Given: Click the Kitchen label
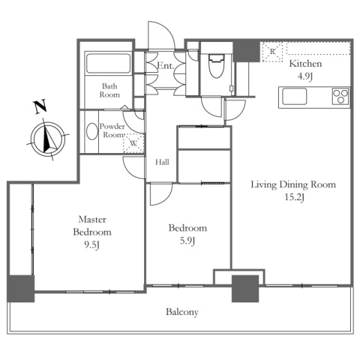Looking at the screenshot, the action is [305, 64].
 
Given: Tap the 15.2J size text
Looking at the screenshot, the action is [295, 197].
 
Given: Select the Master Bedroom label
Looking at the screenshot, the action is [92, 226].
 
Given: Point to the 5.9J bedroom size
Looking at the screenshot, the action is [187, 241].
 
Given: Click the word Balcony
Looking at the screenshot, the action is [182, 312].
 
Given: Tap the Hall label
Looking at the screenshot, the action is [162, 162].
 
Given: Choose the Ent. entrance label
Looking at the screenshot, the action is [165, 66].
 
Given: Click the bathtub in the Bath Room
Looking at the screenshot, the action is [108, 64].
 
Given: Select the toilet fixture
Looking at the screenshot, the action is [216, 66].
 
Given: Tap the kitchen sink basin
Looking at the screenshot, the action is [295, 97].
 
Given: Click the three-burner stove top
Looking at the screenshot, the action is [340, 97].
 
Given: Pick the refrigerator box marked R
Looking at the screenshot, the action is [272, 52].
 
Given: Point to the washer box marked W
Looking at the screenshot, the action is [133, 143].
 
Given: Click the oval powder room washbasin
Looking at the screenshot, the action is [92, 131].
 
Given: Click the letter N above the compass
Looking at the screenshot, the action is [40, 106].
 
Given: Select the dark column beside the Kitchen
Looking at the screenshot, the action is [246, 51].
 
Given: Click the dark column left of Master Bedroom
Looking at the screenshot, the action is [20, 289].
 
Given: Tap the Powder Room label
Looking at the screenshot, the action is [112, 130].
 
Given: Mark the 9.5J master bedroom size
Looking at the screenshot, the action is [92, 245].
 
